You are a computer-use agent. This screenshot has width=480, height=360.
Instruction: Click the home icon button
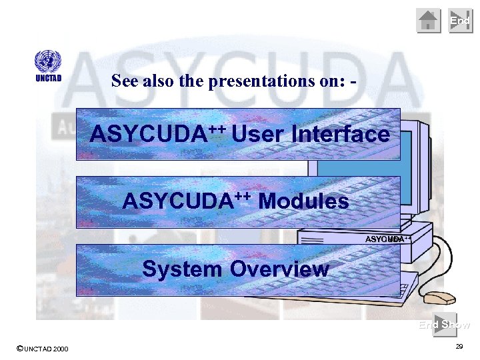429,21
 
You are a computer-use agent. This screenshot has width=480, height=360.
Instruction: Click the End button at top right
460,21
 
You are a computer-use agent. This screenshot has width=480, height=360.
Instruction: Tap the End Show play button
445,324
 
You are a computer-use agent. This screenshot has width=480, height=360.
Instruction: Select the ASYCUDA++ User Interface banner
238,134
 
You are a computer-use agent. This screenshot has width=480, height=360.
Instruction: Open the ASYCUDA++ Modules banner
238,201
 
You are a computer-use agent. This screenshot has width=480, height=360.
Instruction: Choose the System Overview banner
238,269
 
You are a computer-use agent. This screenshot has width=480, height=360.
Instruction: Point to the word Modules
303,201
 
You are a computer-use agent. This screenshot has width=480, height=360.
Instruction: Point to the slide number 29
459,347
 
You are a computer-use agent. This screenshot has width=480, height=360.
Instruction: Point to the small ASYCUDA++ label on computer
387,239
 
